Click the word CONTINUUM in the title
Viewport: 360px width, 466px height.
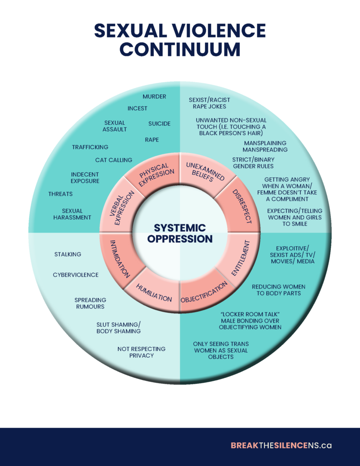pos(180,49)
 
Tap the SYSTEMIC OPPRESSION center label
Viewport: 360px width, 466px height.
pos(180,233)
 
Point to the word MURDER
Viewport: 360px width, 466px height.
pos(154,96)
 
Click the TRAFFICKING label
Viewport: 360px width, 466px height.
pos(90,147)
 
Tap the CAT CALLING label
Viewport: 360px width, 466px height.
pos(114,160)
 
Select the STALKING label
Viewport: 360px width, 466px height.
pos(68,254)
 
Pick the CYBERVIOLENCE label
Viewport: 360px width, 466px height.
pos(76,275)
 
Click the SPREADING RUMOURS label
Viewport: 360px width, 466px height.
pos(91,303)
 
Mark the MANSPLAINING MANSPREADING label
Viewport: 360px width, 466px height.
pos(265,146)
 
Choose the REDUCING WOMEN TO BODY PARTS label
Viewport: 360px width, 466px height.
pos(279,290)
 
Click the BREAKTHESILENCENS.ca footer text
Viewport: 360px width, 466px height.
pos(281,445)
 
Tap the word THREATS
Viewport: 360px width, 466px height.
pos(61,194)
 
